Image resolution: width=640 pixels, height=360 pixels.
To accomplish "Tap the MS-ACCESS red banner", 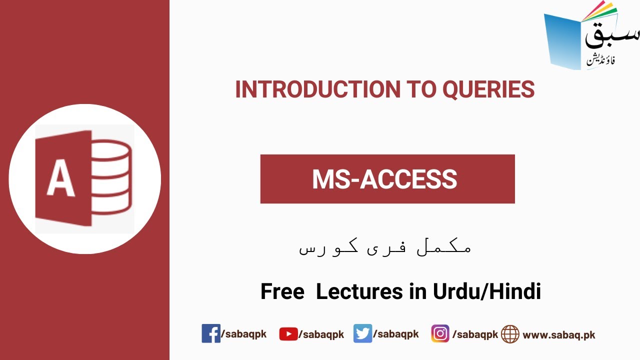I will click(387, 179).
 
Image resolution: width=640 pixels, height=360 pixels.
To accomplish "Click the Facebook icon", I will click(210, 333).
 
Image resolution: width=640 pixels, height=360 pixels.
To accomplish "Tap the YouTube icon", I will click(288, 334).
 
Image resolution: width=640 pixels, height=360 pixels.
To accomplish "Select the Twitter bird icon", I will click(362, 333).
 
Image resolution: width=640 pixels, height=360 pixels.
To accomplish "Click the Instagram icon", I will click(440, 333).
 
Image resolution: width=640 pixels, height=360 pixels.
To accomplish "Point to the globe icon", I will click(510, 334).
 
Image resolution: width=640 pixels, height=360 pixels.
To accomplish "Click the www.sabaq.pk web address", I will click(559, 335).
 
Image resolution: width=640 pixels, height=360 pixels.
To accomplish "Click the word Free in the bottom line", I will click(282, 291).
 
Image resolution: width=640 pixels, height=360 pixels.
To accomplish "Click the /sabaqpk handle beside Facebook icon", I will click(243, 334).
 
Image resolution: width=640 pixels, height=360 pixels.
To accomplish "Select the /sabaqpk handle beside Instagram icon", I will click(475, 334).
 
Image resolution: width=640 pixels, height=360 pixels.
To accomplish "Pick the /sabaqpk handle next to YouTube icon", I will click(321, 334).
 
